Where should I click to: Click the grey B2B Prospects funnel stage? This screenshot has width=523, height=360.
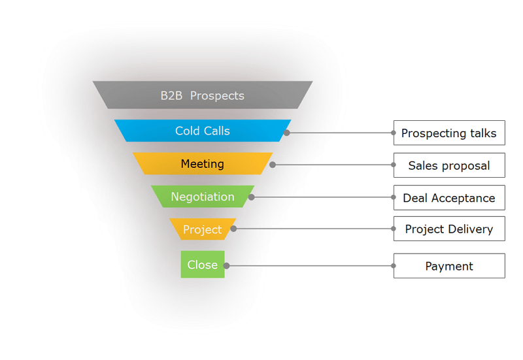tap(203, 95)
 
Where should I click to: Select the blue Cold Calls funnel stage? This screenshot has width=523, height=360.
tap(203, 131)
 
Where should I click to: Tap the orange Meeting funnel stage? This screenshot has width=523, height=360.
tap(203, 164)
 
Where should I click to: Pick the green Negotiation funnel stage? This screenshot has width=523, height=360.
tap(203, 197)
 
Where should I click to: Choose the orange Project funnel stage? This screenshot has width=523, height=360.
tap(203, 229)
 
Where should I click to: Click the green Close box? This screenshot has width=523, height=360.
tap(203, 265)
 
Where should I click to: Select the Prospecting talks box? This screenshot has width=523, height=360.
tap(449, 133)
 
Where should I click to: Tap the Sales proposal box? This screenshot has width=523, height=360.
tap(449, 165)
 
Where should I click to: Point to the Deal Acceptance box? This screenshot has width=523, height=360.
tap(449, 197)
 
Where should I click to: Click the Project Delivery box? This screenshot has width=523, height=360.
tap(449, 229)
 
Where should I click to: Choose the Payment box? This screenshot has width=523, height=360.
tap(449, 266)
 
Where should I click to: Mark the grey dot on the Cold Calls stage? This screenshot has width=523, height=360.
tap(287, 133)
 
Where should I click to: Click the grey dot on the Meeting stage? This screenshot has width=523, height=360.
tap(273, 165)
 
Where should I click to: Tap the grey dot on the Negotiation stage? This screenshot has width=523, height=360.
tap(252, 197)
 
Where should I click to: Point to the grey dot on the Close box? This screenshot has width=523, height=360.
tap(226, 266)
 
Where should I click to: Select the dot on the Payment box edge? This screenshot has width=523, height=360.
tap(394, 266)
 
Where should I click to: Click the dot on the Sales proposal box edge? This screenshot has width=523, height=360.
tap(394, 165)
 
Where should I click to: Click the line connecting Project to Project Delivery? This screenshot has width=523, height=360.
tap(314, 229)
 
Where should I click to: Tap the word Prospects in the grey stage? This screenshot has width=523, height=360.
tap(218, 95)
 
